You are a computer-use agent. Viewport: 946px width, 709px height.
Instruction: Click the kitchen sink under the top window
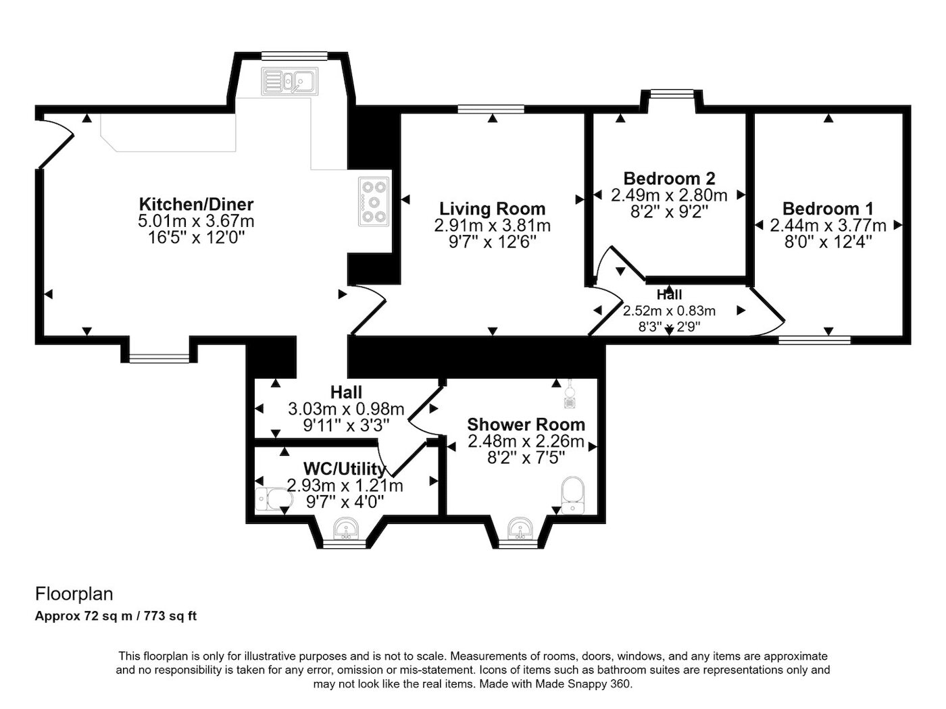tap(290, 81)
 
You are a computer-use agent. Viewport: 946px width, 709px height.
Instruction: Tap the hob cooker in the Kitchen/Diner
tap(373, 201)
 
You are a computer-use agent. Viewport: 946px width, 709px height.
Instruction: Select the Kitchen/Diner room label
tap(196, 204)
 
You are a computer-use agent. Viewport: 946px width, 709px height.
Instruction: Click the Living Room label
tap(492, 209)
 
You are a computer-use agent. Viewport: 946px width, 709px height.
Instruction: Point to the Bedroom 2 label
tap(670, 178)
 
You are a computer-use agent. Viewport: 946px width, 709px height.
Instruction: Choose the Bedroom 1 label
tap(828, 209)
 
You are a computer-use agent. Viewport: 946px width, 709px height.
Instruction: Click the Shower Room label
tap(526, 425)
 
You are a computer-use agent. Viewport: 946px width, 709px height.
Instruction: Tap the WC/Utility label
tap(345, 469)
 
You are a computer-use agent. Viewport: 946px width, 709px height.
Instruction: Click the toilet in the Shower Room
tap(573, 495)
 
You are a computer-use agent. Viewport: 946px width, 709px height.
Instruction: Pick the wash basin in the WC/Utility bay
tap(345, 529)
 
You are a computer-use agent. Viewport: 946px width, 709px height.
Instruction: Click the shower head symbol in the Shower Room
tap(570, 394)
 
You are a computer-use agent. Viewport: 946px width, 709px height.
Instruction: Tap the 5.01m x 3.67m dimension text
tap(196, 221)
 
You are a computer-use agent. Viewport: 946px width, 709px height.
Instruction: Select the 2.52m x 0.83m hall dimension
tap(670, 311)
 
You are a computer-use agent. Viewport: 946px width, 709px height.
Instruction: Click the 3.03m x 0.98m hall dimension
tap(346, 409)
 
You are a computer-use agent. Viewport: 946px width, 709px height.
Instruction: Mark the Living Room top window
tap(491, 109)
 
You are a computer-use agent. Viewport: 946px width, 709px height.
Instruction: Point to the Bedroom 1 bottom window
tap(814, 340)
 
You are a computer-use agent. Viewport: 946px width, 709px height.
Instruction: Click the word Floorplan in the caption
tap(74, 594)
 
